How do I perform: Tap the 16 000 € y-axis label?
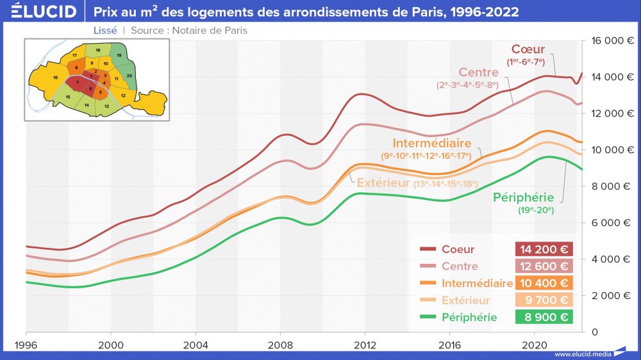(x=612, y=40)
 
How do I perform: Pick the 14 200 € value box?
(x=543, y=249)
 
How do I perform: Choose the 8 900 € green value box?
(x=543, y=317)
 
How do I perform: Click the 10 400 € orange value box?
(x=543, y=283)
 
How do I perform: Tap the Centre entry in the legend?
(x=459, y=266)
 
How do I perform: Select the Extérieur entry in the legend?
(x=465, y=300)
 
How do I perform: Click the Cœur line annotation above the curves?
(x=528, y=49)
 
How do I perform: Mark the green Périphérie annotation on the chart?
(x=523, y=197)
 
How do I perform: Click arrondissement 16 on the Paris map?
(x=55, y=78)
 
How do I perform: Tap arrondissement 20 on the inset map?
(x=129, y=76)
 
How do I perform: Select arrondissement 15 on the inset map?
(x=67, y=97)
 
